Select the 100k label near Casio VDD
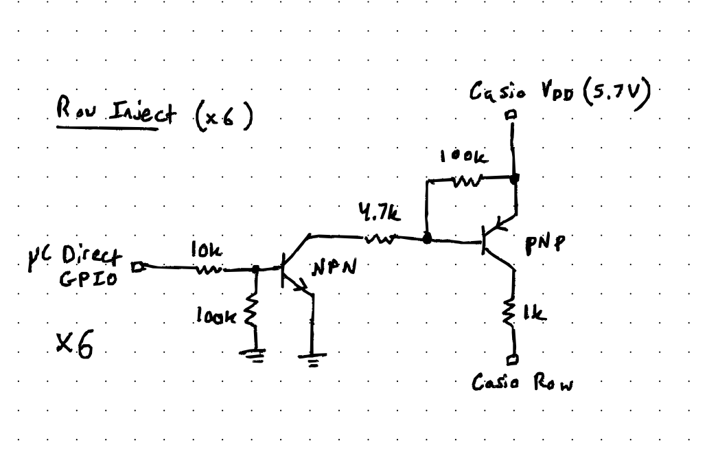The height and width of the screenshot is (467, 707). [465, 157]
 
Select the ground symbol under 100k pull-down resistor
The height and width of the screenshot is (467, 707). [255, 356]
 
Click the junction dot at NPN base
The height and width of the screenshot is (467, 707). [256, 269]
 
